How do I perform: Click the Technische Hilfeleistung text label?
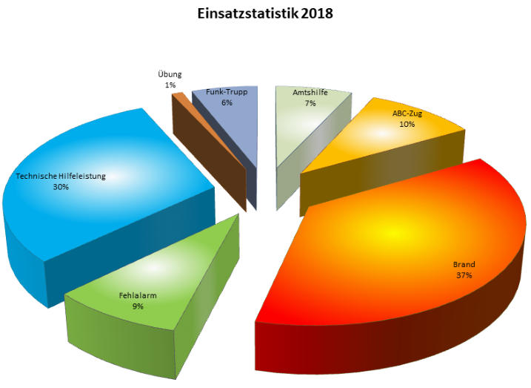pos(61,177)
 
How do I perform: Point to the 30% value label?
pos(61,187)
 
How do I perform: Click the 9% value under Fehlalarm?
pos(138,305)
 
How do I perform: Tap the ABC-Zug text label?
pos(407,114)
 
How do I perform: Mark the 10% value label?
pos(407,124)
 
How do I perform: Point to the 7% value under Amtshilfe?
pos(310,103)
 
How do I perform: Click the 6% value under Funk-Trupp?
pos(226,102)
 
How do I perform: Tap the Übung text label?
pos(170,75)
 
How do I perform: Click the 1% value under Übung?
pos(170,85)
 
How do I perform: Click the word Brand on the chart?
pos(464,264)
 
